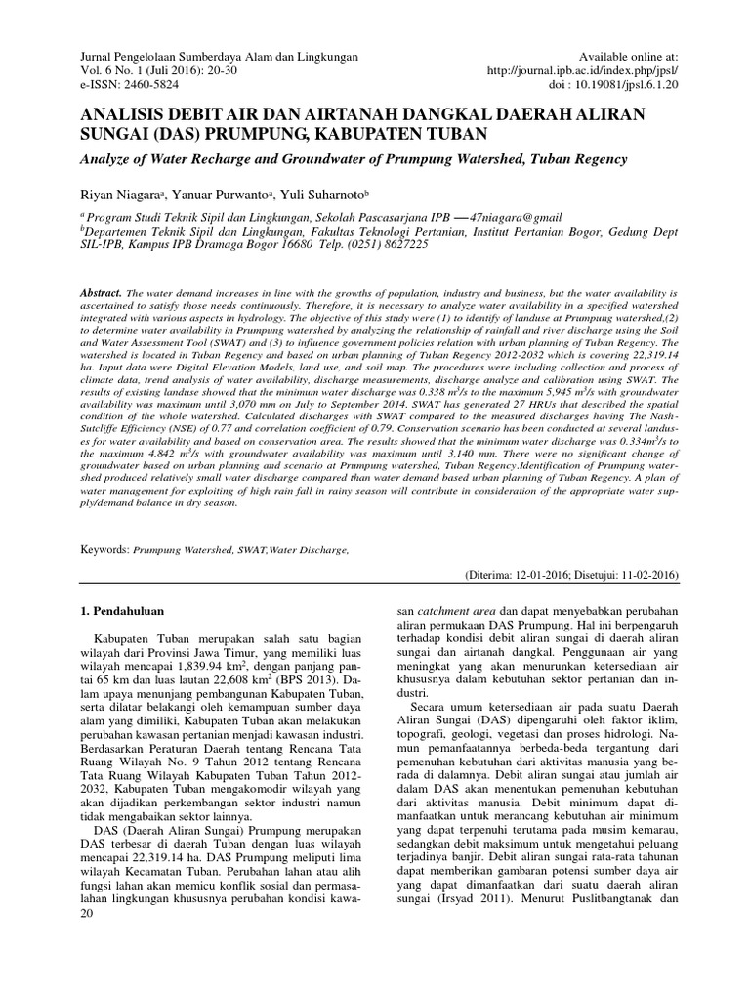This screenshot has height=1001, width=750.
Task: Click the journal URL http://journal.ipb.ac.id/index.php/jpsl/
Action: tap(595, 71)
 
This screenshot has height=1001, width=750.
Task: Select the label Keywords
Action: tap(104, 551)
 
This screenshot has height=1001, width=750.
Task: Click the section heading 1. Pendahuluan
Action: tap(119, 612)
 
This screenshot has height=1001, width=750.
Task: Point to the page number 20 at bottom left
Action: tap(85, 913)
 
